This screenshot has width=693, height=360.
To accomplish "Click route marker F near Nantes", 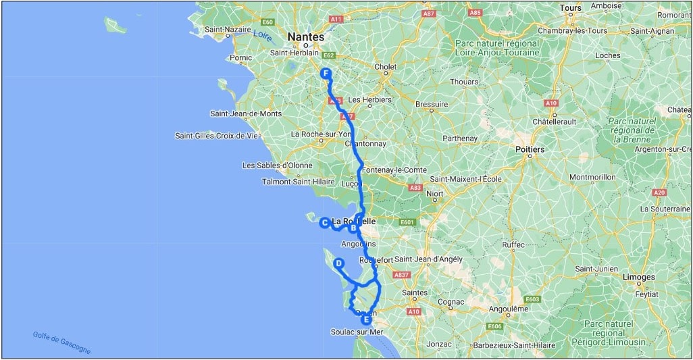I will pyautogui.click(x=326, y=74).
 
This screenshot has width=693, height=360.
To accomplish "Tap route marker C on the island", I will pyautogui.click(x=324, y=222).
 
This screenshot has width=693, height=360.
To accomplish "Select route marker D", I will pyautogui.click(x=338, y=264).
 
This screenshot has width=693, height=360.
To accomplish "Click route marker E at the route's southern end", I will pyautogui.click(x=365, y=319).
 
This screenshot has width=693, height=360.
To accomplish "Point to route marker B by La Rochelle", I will pyautogui.click(x=353, y=228).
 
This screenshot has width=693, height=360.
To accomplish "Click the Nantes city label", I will pyautogui.click(x=305, y=37).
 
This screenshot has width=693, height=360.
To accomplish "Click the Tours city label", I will pyautogui.click(x=570, y=8).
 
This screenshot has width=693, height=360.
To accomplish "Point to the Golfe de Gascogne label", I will pyautogui.click(x=61, y=343).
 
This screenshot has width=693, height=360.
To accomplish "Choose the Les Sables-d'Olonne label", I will pyautogui.click(x=278, y=165).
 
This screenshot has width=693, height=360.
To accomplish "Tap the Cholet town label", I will pyautogui.click(x=386, y=67).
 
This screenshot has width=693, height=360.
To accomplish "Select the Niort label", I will pyautogui.click(x=435, y=194).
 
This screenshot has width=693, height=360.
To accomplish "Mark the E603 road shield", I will pyautogui.click(x=532, y=299).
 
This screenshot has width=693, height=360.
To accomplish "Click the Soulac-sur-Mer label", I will pyautogui.click(x=357, y=332).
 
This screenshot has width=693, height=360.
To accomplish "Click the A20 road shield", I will pyautogui.click(x=660, y=193).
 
